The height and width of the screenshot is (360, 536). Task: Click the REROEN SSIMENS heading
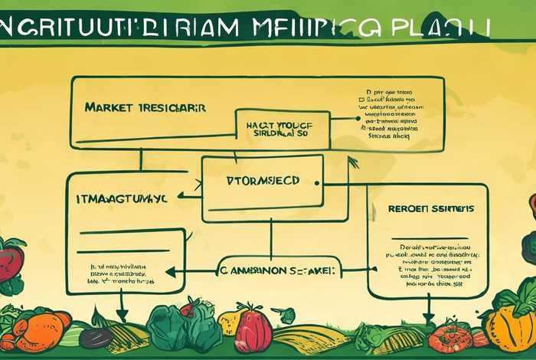(x=430, y=208)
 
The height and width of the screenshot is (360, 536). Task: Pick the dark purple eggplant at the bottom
(x=96, y=336)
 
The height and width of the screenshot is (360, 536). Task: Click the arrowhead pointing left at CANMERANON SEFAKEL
(x=170, y=270)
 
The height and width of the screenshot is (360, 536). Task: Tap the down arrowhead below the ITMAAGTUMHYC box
(x=122, y=315)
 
